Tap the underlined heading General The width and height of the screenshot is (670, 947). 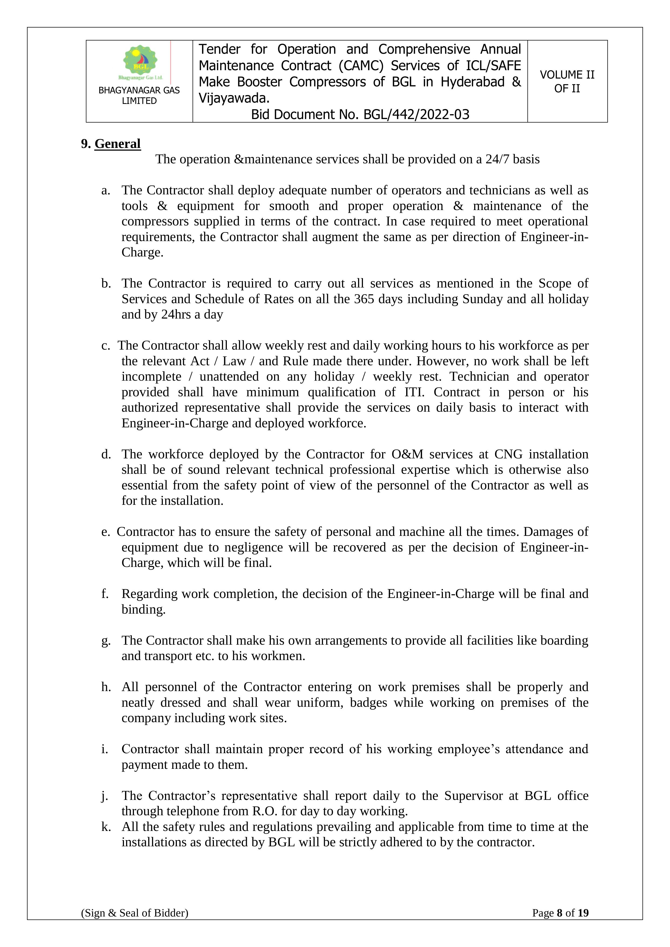point(117,144)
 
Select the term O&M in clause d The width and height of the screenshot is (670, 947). point(407,454)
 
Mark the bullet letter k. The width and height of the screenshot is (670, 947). point(106,827)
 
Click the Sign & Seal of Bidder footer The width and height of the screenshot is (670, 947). point(134,924)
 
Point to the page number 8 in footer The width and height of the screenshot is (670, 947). point(560,924)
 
